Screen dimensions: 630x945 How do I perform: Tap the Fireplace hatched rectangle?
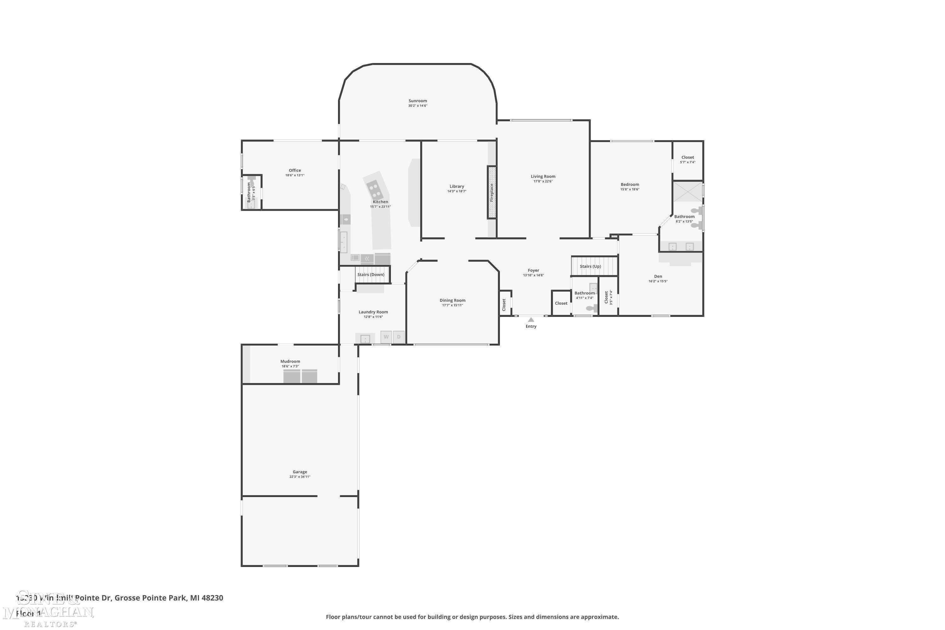492,192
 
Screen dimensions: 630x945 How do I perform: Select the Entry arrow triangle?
531,320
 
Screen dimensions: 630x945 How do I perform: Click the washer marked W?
386,337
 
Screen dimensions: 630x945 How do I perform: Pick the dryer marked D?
398,337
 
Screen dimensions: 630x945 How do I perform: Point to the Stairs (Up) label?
590,266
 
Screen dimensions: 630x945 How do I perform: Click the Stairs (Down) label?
370,275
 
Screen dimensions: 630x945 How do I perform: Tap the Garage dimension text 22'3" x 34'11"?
300,477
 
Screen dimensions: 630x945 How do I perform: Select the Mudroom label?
290,361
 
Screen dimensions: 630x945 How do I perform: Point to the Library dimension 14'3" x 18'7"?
457,191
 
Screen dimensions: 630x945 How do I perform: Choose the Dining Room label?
452,300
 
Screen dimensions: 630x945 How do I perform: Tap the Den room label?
658,277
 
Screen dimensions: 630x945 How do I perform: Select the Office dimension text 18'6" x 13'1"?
295,175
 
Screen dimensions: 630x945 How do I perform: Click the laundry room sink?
365,339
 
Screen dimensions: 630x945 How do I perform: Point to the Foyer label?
533,270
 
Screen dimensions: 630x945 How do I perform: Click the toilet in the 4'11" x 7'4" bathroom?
591,308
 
